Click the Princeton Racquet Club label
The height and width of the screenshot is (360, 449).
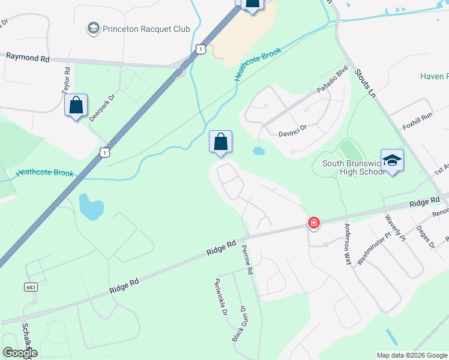146,29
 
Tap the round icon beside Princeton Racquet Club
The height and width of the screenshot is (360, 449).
93,28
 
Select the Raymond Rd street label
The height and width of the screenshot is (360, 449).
28,57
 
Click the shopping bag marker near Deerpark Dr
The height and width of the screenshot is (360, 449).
76,106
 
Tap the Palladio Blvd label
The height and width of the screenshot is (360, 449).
332,80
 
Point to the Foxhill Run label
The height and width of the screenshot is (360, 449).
418,118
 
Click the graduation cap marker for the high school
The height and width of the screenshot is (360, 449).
392,160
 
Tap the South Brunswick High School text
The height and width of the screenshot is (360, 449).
353,167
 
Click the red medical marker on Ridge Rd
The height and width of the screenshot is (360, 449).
313,223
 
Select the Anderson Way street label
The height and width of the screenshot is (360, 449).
347,245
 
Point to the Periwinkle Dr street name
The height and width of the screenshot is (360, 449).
220,297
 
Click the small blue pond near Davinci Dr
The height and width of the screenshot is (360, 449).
259,151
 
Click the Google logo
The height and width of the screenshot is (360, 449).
19,352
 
